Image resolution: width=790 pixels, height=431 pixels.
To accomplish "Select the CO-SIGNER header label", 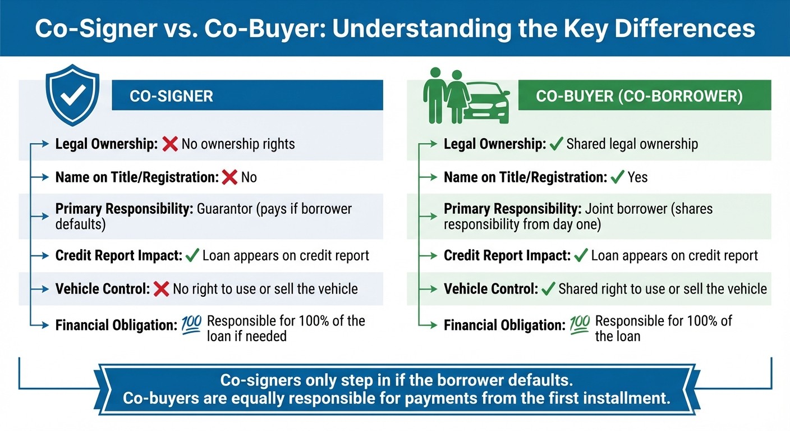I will [171, 96].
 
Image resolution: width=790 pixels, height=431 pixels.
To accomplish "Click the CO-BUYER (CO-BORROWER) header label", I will [639, 96].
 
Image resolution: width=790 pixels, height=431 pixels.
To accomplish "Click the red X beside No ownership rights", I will [169, 144].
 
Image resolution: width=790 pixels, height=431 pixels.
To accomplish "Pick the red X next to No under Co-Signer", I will [229, 178].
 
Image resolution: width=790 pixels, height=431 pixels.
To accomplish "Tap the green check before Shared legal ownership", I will [556, 144].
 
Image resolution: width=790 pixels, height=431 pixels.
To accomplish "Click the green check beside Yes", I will [617, 178].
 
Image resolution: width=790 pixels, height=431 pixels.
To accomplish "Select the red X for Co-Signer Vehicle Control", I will [161, 289].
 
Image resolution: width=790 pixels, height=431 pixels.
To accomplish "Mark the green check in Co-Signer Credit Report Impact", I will [192, 256].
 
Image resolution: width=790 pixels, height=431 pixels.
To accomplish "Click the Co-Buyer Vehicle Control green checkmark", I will [547, 289].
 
